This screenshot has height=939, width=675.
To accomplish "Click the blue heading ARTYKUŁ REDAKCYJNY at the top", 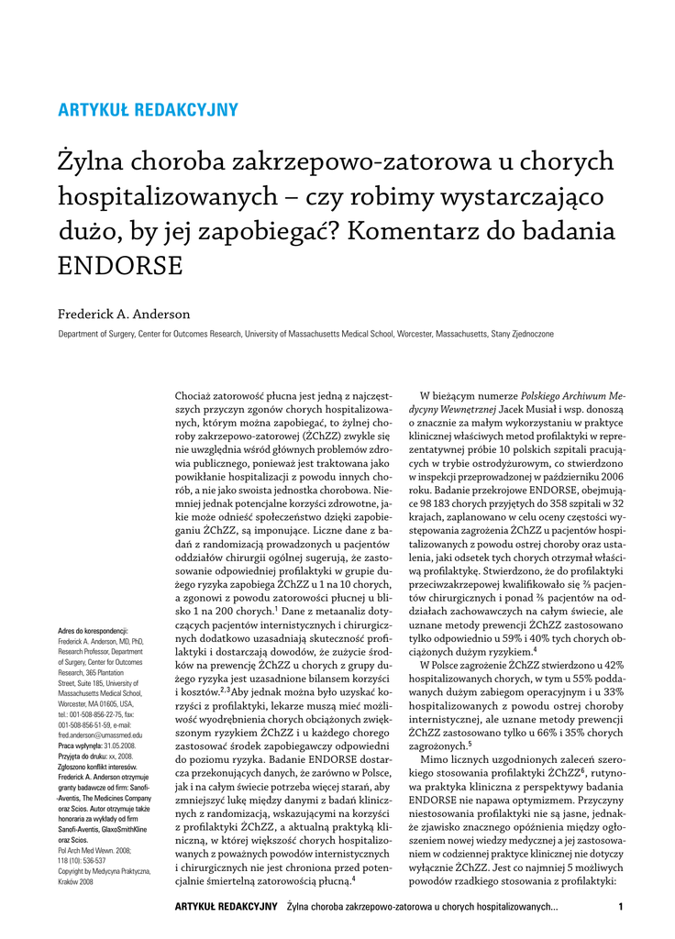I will tap(148, 111).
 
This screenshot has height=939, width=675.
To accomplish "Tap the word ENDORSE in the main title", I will tap(120, 266).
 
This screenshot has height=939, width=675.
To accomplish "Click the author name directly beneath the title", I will tap(124, 315).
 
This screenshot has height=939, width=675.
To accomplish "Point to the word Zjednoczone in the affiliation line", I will tap(531, 335).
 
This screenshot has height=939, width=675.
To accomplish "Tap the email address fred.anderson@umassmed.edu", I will tap(100, 735).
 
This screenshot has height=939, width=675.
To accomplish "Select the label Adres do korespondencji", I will tap(93, 632).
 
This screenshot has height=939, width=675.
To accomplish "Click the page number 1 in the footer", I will tap(621, 908).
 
